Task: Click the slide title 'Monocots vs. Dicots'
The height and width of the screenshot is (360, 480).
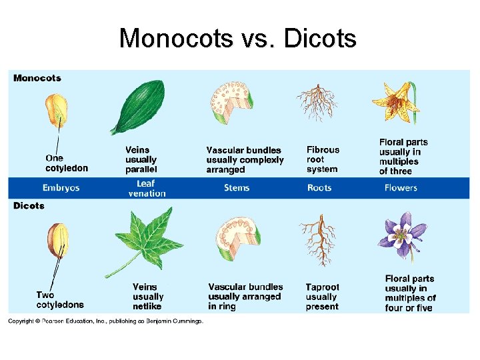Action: click(x=237, y=39)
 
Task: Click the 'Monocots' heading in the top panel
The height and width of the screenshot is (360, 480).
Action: click(x=37, y=78)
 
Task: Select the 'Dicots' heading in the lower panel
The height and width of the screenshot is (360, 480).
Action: click(x=29, y=205)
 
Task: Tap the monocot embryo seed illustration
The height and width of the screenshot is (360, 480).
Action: click(x=56, y=111)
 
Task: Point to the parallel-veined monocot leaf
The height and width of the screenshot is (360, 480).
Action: click(x=137, y=106)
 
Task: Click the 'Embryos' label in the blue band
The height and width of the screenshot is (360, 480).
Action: click(x=61, y=188)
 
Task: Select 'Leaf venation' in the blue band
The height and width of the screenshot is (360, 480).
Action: click(x=147, y=188)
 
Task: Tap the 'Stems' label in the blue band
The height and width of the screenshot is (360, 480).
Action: click(x=237, y=188)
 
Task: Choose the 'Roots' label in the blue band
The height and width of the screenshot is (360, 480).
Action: click(x=319, y=188)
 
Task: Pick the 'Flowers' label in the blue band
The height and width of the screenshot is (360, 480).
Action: click(x=401, y=188)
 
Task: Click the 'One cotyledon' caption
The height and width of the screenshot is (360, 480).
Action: click(x=66, y=163)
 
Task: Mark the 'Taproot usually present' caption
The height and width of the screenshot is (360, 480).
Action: click(x=322, y=297)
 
